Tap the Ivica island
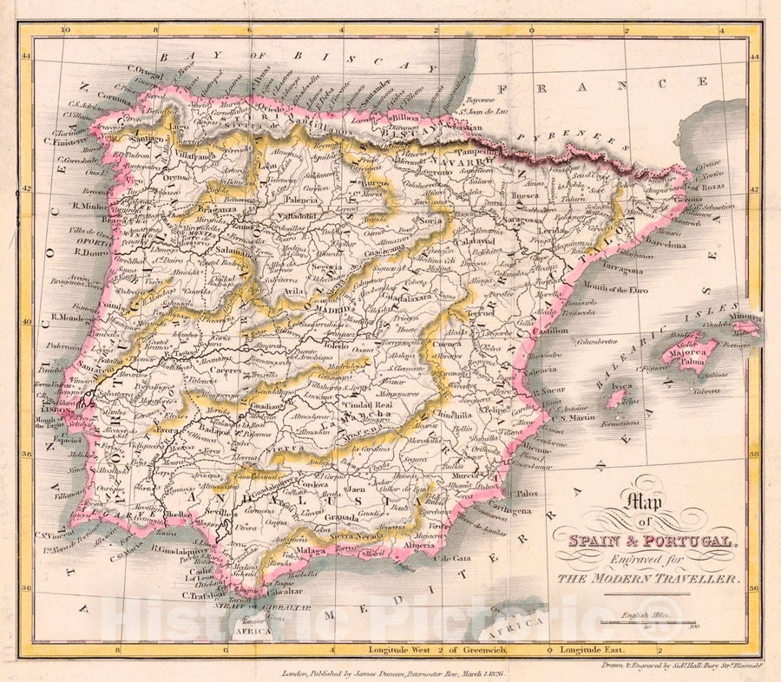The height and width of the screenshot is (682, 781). pyautogui.click(x=617, y=398)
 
